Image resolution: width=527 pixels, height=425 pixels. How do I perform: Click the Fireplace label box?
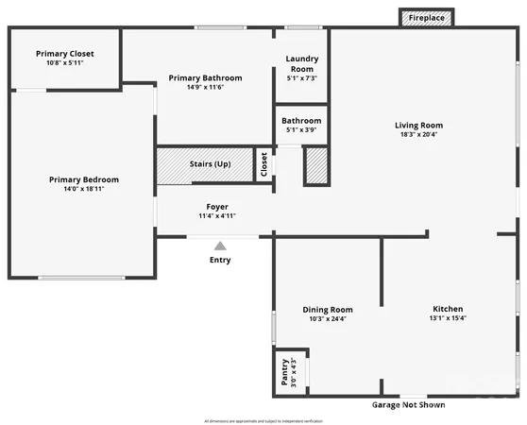[427, 18]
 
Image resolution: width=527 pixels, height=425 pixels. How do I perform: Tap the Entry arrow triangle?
[220, 246]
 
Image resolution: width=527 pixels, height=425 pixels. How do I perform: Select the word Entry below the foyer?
[220, 260]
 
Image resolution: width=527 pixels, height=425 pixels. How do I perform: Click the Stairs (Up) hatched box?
[210, 164]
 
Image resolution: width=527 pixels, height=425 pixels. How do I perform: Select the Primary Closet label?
[65, 54]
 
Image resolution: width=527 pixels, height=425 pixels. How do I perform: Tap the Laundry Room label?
[301, 63]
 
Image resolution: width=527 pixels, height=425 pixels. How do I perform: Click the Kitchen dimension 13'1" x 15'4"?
[448, 318]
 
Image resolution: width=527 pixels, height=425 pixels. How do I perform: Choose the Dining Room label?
[328, 309]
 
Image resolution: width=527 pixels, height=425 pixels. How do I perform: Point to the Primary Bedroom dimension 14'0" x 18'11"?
[77, 189]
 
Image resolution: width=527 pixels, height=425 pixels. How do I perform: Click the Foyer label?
[217, 207]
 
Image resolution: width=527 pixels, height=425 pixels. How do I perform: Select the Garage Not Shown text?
[407, 405]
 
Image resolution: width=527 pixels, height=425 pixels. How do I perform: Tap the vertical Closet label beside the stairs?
[264, 164]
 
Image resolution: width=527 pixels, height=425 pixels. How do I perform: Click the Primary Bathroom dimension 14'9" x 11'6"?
[205, 87]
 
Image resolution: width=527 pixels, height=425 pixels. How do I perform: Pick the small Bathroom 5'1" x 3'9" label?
[301, 125]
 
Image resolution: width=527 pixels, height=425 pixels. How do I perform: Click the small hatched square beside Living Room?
[315, 165]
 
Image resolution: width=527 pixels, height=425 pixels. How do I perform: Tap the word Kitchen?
[448, 309]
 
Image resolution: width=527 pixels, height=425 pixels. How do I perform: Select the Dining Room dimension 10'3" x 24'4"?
[328, 318]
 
